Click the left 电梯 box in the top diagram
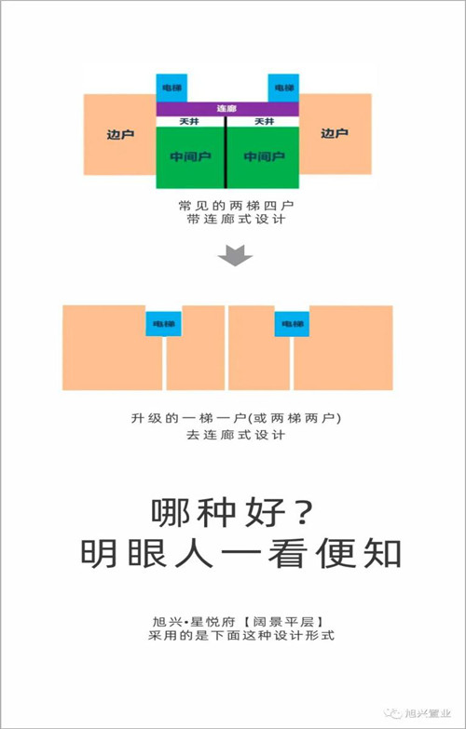coord(171,88)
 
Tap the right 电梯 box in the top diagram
coord(283,88)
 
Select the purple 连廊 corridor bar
coord(227,109)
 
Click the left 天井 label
coord(188,122)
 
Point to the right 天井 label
coord(264,122)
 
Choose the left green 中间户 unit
coord(190,157)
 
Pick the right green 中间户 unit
coord(264,157)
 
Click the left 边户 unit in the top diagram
coord(119,134)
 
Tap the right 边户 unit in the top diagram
coord(336,134)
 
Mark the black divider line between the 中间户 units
coord(226,153)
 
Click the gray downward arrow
coord(235,255)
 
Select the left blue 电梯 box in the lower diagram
coord(163,324)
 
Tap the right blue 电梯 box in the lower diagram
coord(292,324)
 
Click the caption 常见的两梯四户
coord(236,205)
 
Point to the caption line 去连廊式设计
coord(236,435)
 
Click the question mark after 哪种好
coord(303,513)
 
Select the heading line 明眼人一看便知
coord(241,553)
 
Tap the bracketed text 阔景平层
coord(283,622)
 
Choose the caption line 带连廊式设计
coord(236,220)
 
